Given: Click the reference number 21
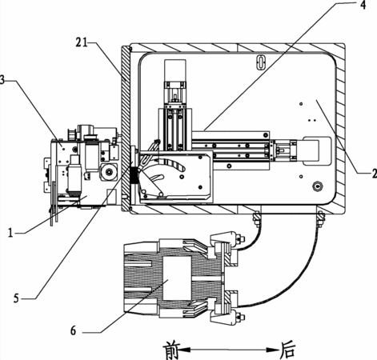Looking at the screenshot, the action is point(82,42).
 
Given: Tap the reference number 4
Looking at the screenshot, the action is point(363,6).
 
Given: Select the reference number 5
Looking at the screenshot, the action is point(17,298).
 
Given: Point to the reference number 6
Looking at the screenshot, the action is point(74,331).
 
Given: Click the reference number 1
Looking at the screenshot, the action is point(10,233).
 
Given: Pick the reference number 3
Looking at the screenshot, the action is point(2,80).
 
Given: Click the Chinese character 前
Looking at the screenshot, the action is point(172,350).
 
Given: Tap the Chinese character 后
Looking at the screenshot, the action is point(287,350).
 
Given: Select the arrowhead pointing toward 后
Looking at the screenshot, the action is point(273,350).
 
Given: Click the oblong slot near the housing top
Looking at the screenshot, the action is point(260,62).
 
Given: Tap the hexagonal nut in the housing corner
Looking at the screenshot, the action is point(318,186).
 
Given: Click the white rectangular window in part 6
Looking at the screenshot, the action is point(177,278).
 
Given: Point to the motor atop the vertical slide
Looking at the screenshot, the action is point(175,70).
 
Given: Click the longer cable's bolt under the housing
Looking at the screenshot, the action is point(320,218).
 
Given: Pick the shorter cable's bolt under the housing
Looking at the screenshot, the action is point(256,218).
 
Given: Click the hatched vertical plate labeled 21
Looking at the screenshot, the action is point(125,129).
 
